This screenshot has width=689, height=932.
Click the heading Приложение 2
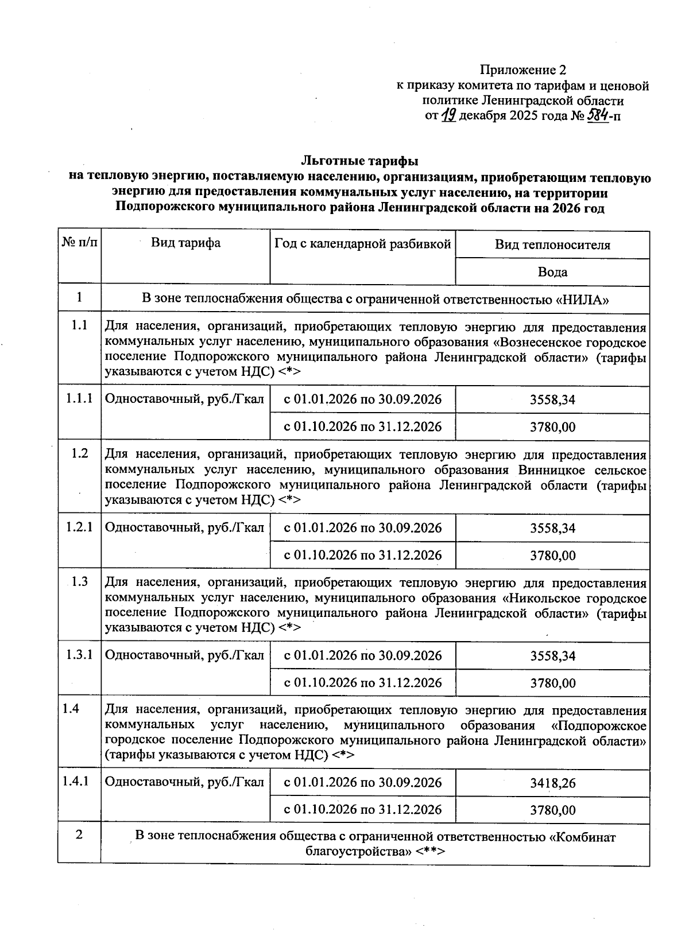click(x=522, y=70)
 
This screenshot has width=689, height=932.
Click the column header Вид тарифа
click(x=185, y=243)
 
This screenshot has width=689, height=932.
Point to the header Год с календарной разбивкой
click(x=362, y=244)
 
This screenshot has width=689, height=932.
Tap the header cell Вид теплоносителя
click(x=552, y=245)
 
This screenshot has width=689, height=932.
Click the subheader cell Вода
click(x=552, y=271)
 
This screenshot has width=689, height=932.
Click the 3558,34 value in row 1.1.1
click(x=552, y=400)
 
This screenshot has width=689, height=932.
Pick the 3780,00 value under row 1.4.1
click(x=552, y=810)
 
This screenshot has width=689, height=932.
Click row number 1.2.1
click(x=79, y=526)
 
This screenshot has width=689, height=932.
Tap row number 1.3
click(x=79, y=582)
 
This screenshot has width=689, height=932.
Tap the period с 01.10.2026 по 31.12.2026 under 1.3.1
click(x=363, y=682)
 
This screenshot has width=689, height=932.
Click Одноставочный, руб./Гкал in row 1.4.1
click(x=185, y=782)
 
